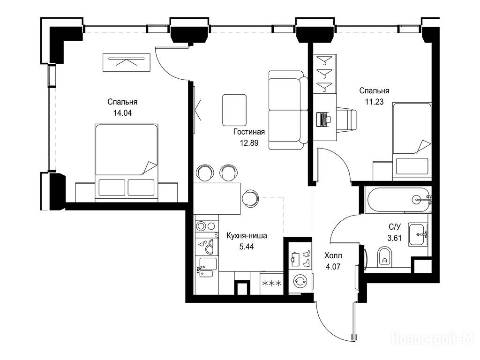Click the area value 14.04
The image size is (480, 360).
[x=122, y=113]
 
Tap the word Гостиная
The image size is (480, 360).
[x=249, y=132]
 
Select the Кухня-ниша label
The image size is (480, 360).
[x=247, y=236]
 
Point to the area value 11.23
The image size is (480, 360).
[x=374, y=102]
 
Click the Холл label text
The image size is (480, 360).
[x=333, y=255]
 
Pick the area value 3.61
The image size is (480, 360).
[x=394, y=238]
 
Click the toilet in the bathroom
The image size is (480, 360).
[x=385, y=256]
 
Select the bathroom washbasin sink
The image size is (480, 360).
[x=418, y=235]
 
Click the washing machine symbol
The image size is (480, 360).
[x=300, y=281]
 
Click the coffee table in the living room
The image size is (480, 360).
[x=234, y=110]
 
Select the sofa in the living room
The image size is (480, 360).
[x=288, y=110]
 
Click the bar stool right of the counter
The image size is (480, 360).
[x=250, y=198]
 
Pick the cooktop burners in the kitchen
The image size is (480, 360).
[x=206, y=226]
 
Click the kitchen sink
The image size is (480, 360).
[x=207, y=267]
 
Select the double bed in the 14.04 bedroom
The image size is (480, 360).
[x=127, y=163]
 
